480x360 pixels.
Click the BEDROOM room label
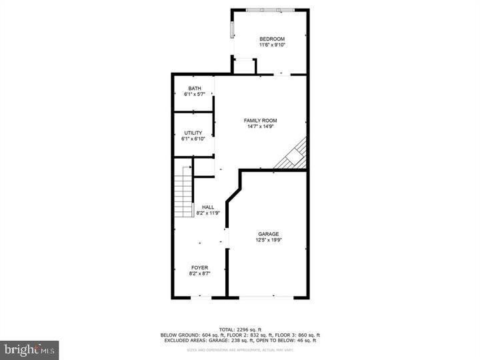coord(272,39)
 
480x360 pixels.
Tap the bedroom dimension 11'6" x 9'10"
coord(272,45)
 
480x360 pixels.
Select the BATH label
coord(194,89)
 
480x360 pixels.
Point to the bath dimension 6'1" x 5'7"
coord(194,95)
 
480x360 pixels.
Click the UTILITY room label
coord(193,133)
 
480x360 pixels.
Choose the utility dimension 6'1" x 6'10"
coord(193,139)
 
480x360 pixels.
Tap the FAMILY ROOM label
coord(260,121)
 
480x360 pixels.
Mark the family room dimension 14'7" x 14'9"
coord(260,127)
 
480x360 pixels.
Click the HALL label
coord(208,207)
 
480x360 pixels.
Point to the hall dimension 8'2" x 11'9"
coord(208,213)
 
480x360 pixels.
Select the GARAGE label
coord(269,234)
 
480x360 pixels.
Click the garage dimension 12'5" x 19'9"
coord(269,240)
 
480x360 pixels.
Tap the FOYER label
coord(199,267)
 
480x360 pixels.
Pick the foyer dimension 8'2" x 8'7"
coord(199,273)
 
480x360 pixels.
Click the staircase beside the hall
coord(183,197)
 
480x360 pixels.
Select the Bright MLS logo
coord(29,349)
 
